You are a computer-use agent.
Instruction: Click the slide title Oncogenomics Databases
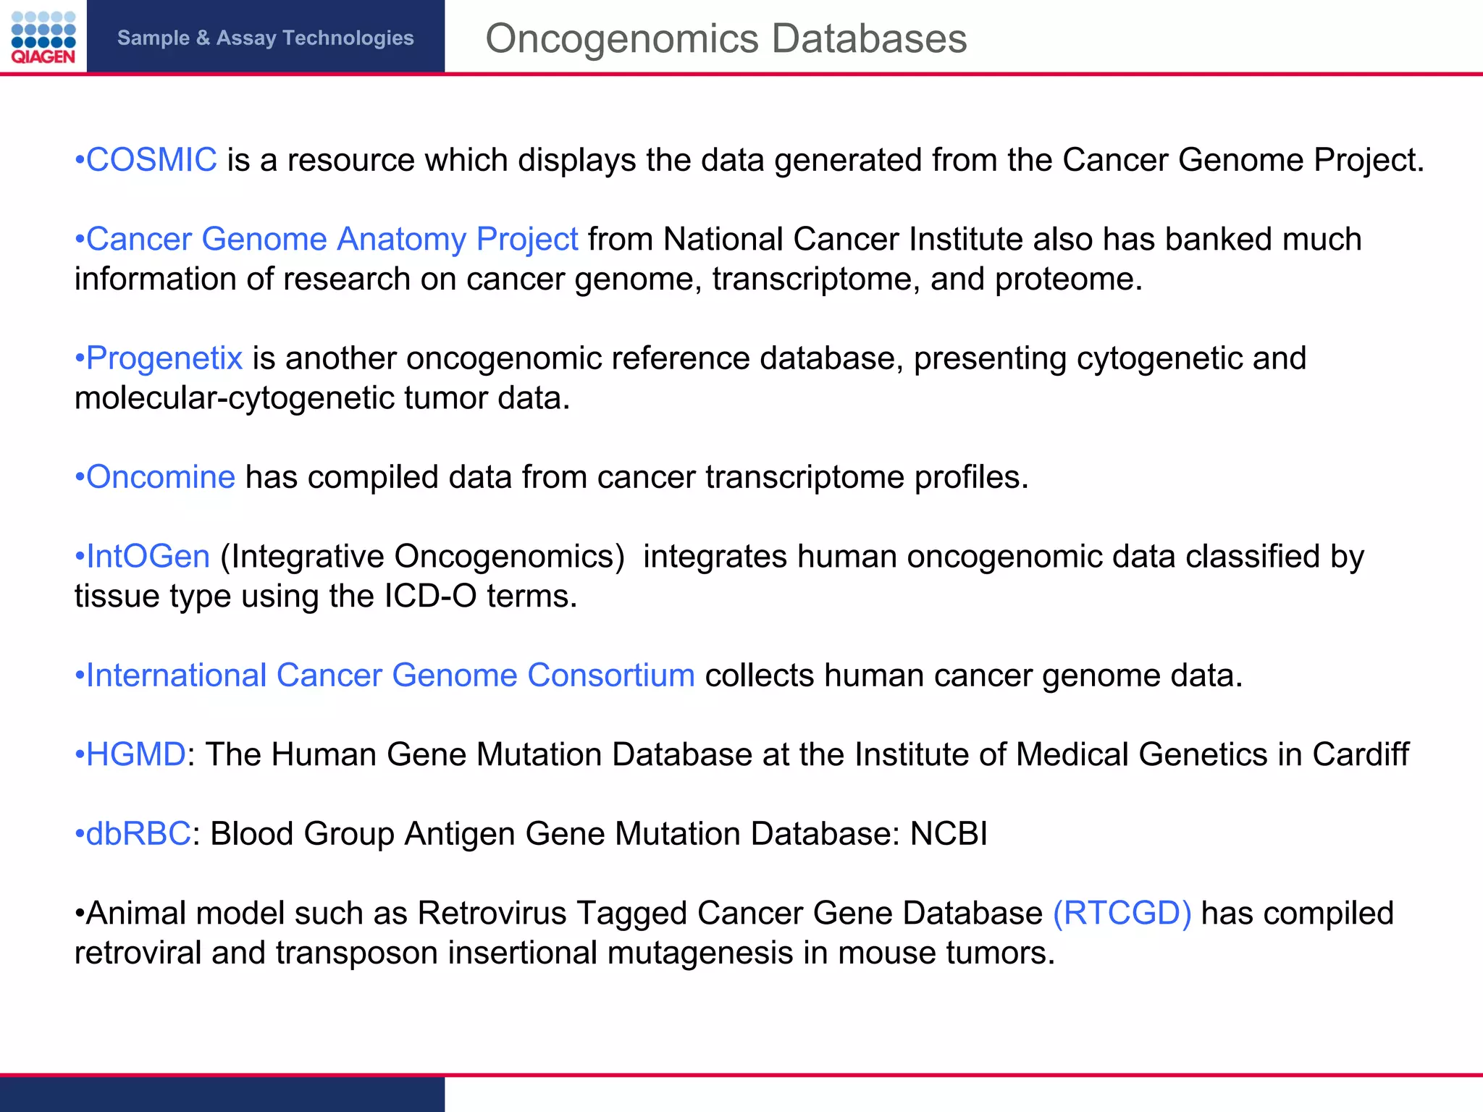tap(726, 38)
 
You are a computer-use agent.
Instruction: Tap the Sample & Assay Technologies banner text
tap(265, 38)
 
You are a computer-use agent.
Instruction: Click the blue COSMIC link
tap(151, 160)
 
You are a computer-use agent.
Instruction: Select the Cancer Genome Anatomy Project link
tap(332, 240)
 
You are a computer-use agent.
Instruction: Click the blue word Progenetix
tap(164, 358)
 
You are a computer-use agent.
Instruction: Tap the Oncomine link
tap(160, 477)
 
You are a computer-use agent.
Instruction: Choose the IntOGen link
tap(148, 557)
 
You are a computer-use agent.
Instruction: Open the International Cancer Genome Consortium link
tap(390, 675)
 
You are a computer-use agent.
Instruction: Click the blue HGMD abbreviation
tap(135, 755)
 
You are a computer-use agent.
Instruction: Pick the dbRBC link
tap(138, 834)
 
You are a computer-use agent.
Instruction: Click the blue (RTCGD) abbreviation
tap(1122, 914)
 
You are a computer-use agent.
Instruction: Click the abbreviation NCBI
tap(949, 834)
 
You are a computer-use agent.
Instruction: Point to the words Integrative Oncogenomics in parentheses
tap(422, 557)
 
